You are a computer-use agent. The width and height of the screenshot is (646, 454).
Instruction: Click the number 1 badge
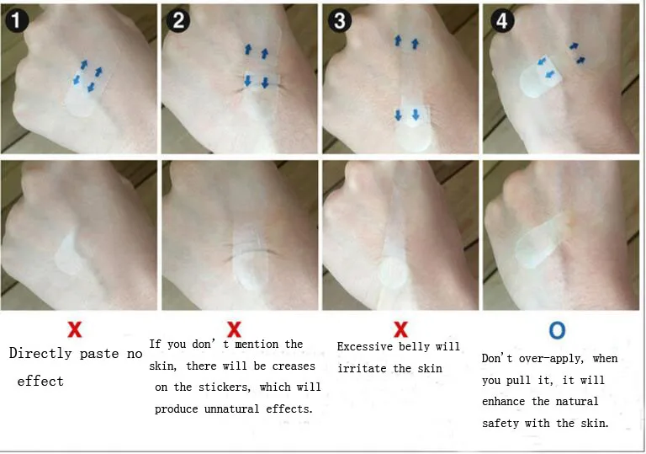17,19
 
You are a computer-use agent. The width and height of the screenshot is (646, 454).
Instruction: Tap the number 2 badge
178,20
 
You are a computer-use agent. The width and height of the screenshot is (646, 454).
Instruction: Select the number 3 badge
340,20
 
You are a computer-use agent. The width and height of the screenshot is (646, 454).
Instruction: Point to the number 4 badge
502,20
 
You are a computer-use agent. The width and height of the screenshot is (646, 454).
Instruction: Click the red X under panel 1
75,330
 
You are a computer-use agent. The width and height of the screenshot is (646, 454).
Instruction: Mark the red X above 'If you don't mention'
234,330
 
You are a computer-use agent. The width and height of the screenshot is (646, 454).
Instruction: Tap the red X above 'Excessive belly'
400,330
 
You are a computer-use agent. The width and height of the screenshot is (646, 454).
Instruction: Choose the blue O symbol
557,330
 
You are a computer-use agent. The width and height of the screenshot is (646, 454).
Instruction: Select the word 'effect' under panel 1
40,381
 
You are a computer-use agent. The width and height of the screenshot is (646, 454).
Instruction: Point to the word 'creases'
294,366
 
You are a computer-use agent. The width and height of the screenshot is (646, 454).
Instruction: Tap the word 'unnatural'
231,409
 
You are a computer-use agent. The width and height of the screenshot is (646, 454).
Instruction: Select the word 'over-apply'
551,358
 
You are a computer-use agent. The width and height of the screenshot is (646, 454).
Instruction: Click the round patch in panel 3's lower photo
394,272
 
